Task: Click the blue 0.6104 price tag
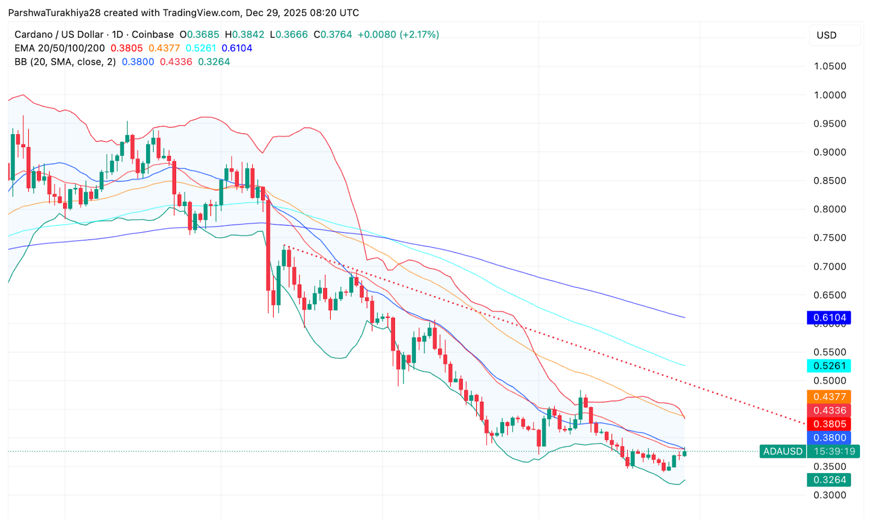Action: (829, 317)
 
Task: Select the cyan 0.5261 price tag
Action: (829, 366)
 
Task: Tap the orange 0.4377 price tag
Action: (829, 397)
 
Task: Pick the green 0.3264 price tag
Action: (829, 480)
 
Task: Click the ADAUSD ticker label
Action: (783, 451)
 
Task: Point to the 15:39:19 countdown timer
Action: (834, 451)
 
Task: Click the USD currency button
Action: (826, 35)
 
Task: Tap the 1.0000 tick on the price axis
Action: (829, 95)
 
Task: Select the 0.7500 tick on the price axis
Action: (829, 238)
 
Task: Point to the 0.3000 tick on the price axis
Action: (829, 495)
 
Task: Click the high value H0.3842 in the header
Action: (245, 34)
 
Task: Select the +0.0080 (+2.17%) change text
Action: (398, 34)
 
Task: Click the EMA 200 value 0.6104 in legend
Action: (237, 48)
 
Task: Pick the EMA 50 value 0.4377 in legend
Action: (164, 48)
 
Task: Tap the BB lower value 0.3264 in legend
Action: (214, 62)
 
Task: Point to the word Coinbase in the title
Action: (153, 34)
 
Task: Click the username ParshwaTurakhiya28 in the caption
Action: (55, 13)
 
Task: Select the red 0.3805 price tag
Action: (829, 424)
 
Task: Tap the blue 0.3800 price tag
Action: (829, 438)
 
